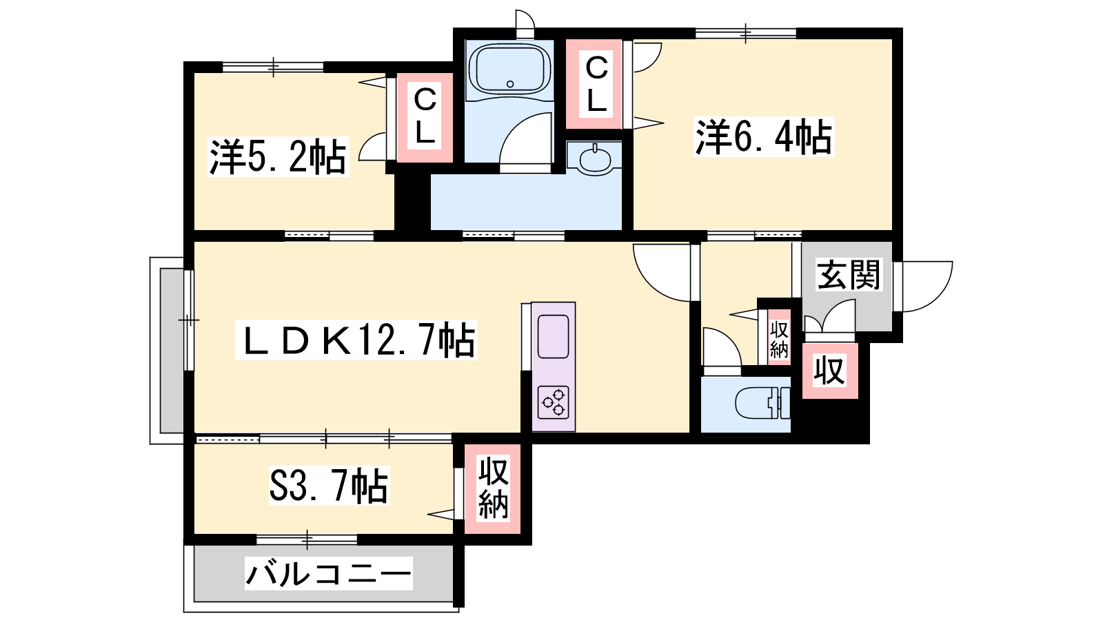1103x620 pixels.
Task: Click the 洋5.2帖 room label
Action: click(x=279, y=157)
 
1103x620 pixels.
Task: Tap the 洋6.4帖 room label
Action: click(x=764, y=137)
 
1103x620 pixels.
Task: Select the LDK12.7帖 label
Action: click(x=356, y=340)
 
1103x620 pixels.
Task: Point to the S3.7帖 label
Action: click(x=329, y=486)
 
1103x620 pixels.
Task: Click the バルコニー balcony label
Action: click(x=328, y=573)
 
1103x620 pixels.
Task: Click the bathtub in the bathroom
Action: click(x=509, y=70)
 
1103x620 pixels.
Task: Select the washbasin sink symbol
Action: click(x=595, y=158)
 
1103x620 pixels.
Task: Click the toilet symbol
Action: click(x=762, y=404)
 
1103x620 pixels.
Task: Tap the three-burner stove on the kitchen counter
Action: click(x=554, y=402)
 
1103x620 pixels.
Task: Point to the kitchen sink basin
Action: click(x=554, y=337)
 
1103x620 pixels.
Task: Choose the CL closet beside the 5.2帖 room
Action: click(x=425, y=118)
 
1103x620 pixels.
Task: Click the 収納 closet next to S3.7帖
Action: click(x=493, y=488)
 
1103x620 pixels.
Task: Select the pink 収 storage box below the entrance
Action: click(x=830, y=371)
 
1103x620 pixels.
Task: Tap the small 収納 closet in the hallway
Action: click(x=779, y=337)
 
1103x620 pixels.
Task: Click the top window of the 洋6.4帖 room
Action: click(x=745, y=34)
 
